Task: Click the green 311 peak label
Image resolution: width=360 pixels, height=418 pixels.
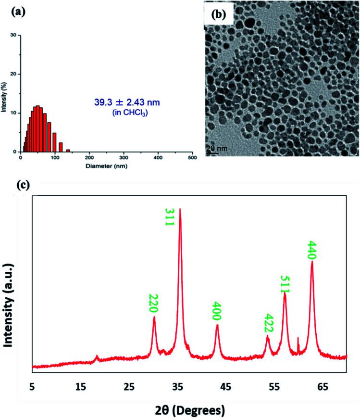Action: click(x=169, y=217)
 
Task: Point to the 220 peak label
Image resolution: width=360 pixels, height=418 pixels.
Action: click(x=154, y=303)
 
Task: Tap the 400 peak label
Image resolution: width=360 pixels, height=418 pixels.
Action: click(x=217, y=311)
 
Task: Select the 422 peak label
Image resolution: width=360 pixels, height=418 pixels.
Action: click(x=269, y=323)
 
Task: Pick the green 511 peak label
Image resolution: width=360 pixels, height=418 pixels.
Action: click(x=285, y=284)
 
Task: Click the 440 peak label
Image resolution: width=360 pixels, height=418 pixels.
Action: click(x=312, y=250)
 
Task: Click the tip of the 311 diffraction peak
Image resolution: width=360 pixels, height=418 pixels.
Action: click(x=180, y=208)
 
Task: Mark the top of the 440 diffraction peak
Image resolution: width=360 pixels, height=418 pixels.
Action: click(x=312, y=261)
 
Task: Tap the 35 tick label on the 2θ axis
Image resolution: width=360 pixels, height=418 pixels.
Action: click(x=177, y=387)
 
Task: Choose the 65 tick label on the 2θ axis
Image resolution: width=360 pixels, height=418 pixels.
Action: click(x=323, y=387)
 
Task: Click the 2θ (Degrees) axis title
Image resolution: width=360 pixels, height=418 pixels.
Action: click(x=190, y=410)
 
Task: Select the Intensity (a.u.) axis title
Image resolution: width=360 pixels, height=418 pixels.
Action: click(x=9, y=305)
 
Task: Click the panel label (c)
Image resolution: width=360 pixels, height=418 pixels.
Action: click(x=23, y=185)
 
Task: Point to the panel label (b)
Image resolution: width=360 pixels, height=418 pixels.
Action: click(x=219, y=14)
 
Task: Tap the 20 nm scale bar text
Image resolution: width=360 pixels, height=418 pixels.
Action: click(x=217, y=148)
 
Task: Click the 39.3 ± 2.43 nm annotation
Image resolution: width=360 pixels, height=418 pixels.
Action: click(x=127, y=102)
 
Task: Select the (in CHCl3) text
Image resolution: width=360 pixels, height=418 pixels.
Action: click(x=130, y=113)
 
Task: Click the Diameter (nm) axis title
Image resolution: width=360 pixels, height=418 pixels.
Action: click(x=107, y=166)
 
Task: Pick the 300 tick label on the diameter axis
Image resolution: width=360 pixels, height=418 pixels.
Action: click(x=124, y=158)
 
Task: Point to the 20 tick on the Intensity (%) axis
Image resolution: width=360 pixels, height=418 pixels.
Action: click(x=13, y=74)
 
